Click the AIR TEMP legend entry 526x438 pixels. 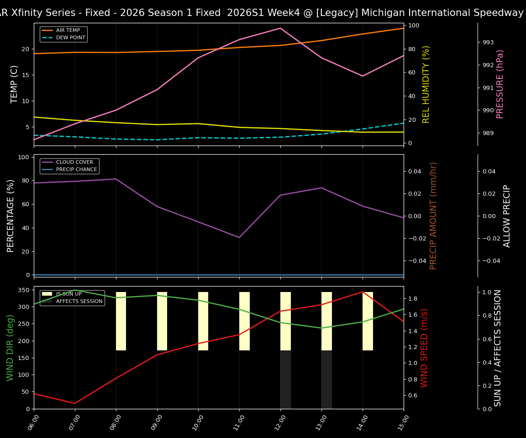68,31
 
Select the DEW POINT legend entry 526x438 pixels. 70,38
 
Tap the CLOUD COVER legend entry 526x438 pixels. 74,162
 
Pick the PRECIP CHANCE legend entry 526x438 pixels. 76,170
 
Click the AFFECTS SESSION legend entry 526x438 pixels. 79,302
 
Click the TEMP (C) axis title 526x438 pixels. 15,84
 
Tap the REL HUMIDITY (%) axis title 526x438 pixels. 426,84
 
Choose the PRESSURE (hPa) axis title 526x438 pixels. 500,84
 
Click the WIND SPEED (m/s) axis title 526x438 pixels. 425,348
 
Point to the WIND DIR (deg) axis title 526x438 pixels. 10,348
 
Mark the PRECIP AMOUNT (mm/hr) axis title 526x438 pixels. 433,216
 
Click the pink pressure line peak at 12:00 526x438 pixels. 280,28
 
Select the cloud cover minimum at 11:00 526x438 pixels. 239,237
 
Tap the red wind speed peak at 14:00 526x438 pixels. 363,292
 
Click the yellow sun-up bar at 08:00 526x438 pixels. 121,321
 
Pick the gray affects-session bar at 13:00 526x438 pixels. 326,380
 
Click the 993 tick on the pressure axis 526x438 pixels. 488,42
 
